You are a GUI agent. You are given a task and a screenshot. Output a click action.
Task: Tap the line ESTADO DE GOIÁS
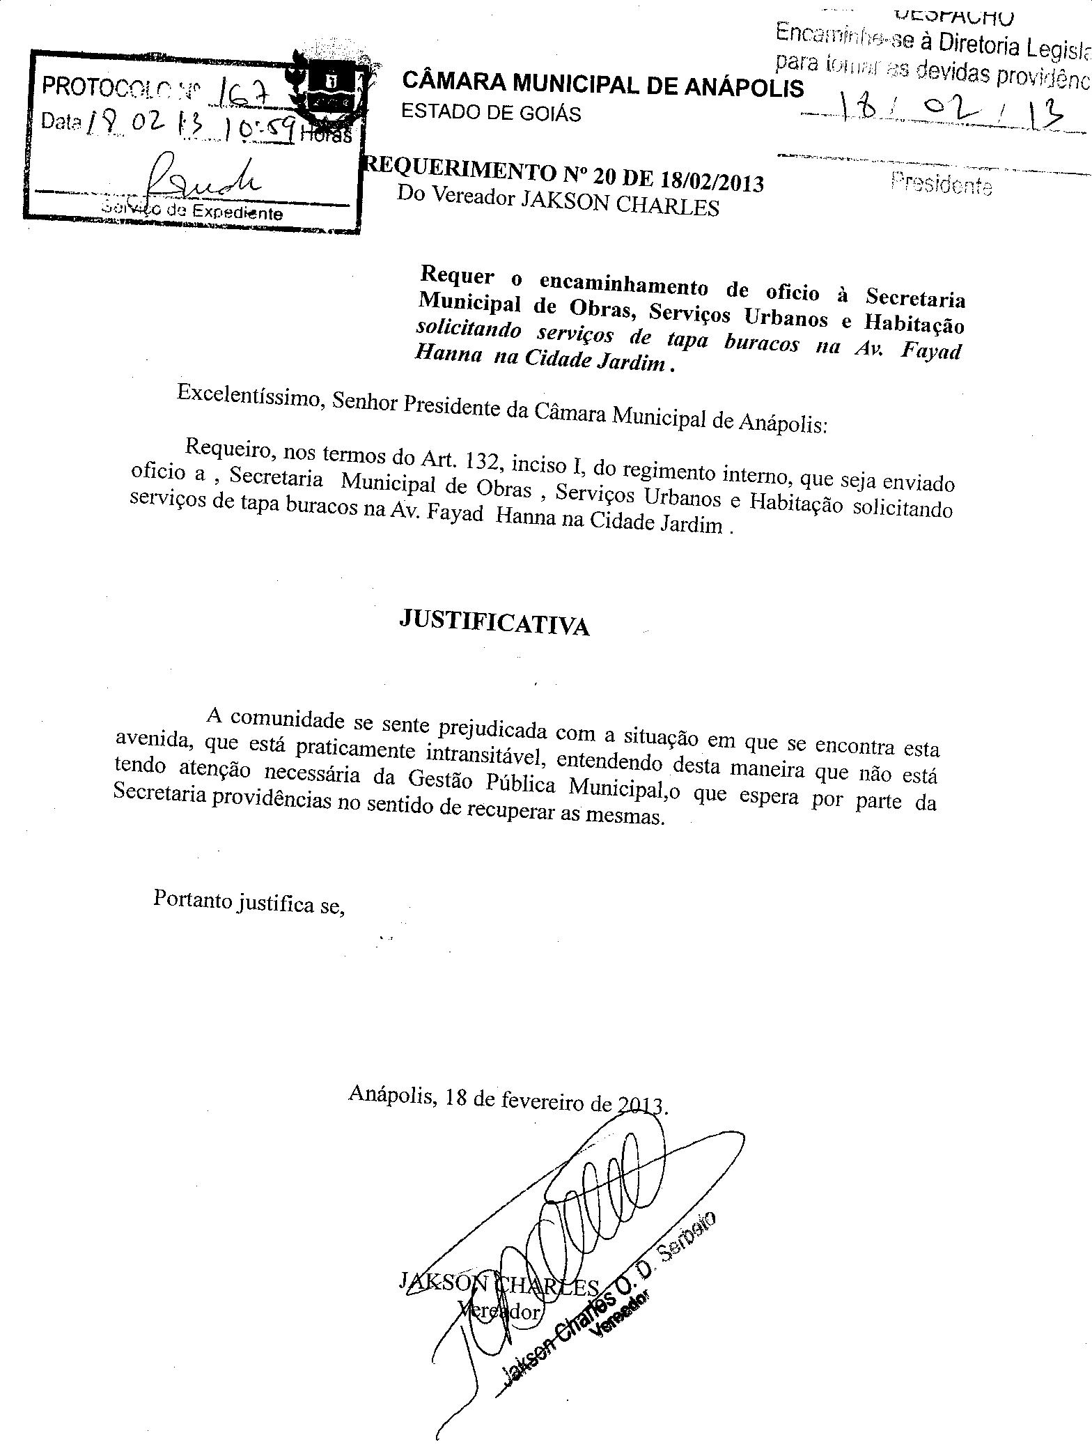point(491,112)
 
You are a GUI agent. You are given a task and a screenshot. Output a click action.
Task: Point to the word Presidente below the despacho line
point(940,185)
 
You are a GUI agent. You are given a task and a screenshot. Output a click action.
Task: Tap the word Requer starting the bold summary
point(457,277)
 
